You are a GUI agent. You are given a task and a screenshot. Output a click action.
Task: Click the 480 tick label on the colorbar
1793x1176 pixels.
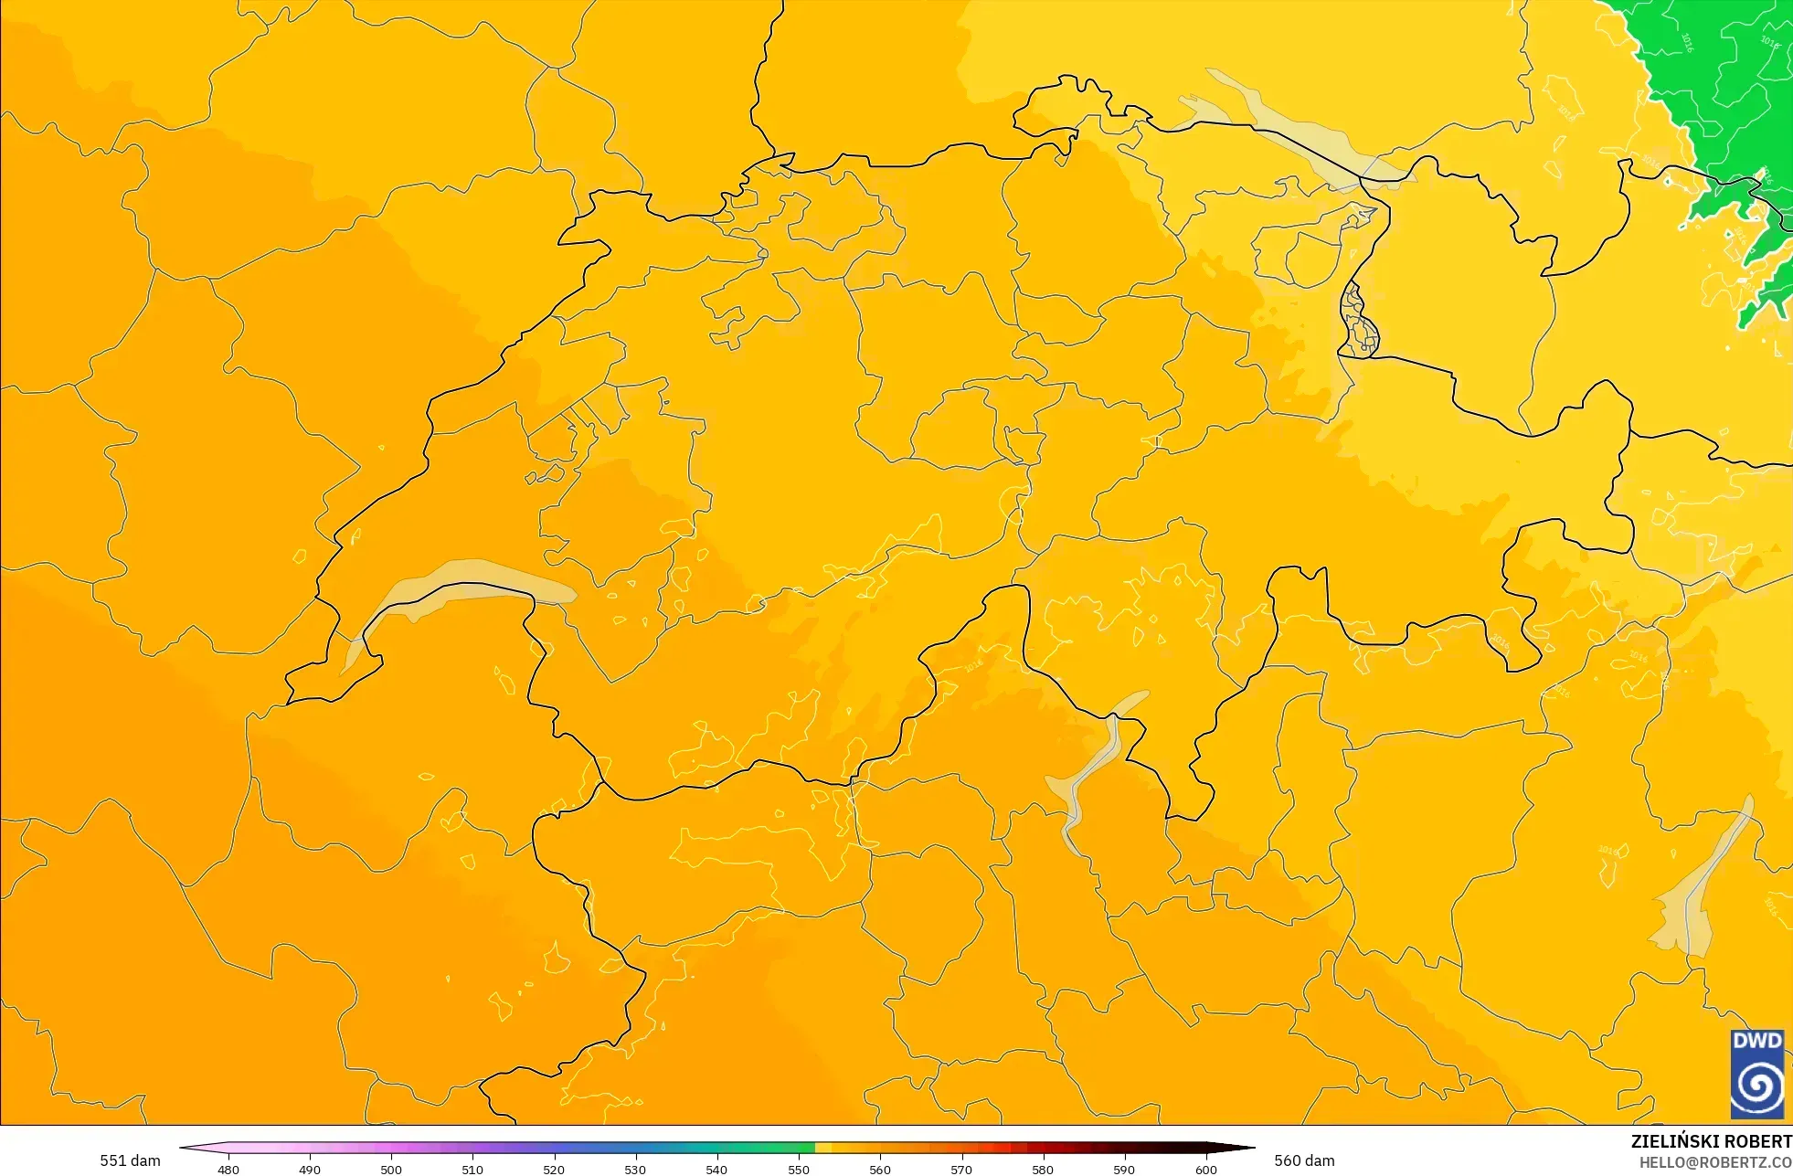(228, 1170)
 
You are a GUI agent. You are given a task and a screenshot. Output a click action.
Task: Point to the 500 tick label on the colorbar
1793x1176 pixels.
(391, 1170)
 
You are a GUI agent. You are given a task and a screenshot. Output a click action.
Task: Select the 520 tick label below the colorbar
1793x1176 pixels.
(554, 1170)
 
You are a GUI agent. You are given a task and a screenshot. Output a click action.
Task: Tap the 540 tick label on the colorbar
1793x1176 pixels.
(716, 1170)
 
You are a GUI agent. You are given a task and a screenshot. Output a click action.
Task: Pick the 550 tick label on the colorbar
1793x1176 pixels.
(799, 1170)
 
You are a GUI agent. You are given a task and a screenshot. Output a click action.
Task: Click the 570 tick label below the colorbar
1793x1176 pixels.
(961, 1170)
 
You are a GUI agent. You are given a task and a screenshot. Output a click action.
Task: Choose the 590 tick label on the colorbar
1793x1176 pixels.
(1124, 1170)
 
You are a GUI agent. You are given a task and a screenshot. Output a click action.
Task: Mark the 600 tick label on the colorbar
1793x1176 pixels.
(1206, 1170)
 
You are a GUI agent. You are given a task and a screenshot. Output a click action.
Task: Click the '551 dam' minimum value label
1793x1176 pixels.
(130, 1160)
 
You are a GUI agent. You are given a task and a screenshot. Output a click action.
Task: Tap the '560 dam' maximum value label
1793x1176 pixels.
(1304, 1160)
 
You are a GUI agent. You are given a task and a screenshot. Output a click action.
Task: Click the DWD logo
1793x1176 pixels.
(1756, 1074)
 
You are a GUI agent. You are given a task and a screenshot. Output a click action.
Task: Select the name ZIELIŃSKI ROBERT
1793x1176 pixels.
(1711, 1141)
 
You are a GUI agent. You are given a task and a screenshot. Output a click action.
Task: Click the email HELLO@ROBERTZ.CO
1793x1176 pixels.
(1714, 1162)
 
